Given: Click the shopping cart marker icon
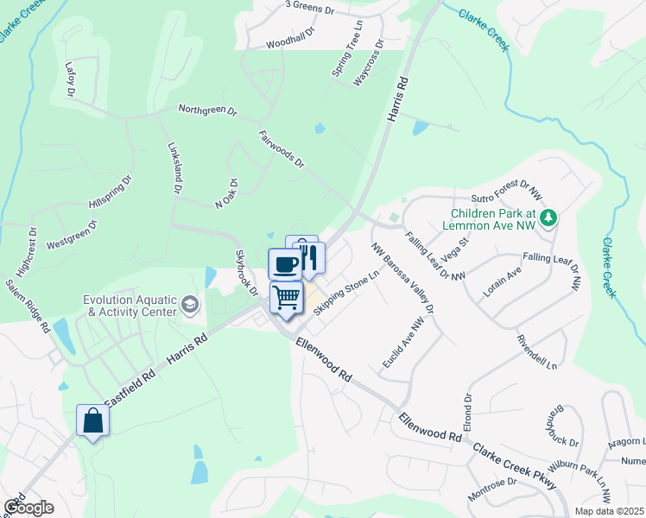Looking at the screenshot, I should pos(287,298).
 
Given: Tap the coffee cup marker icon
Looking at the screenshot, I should pos(285,263).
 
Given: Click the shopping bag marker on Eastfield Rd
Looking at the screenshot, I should pos(93,421).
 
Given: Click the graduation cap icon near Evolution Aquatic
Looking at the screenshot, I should pos(190,306).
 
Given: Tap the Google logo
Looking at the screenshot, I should pos(28,507).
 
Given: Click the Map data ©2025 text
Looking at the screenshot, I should pos(609,511).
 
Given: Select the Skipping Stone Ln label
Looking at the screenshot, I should pos(347,294).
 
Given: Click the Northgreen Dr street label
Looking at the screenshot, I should pos(207,110).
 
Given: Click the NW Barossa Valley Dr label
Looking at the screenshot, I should pos(402,277).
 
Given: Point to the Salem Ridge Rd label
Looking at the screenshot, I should pos(27,301).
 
